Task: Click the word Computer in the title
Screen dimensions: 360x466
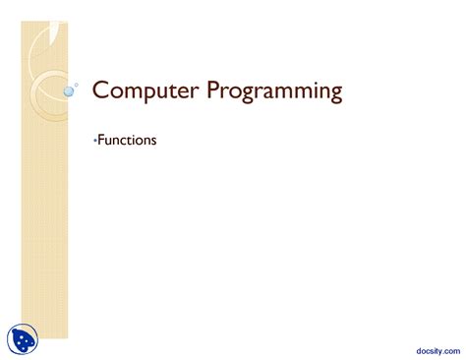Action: click(x=142, y=92)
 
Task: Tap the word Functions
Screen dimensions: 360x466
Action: click(x=127, y=141)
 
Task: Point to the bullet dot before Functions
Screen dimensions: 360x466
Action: click(x=94, y=141)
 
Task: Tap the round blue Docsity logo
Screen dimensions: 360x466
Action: click(x=24, y=340)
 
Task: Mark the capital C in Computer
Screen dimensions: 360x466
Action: click(x=99, y=92)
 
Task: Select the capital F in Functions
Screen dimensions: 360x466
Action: click(x=100, y=141)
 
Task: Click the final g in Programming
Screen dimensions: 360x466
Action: click(x=336, y=95)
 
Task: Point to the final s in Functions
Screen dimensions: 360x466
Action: click(x=153, y=141)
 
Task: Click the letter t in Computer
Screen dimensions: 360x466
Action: click(x=165, y=92)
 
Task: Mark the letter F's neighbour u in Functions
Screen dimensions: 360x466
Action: click(x=108, y=142)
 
